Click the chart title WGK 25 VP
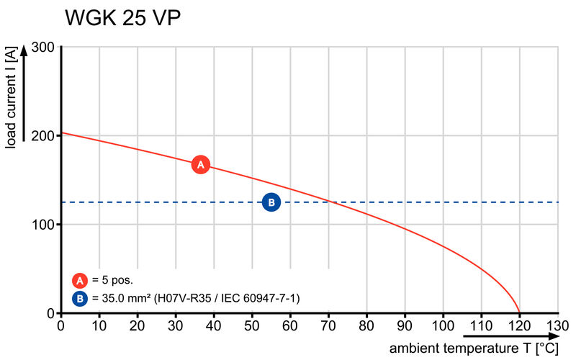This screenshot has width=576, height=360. [x=122, y=19]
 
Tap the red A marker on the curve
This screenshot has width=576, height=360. [x=201, y=165]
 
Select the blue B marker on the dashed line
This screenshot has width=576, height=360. [x=271, y=202]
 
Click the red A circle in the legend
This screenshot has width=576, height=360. [x=79, y=280]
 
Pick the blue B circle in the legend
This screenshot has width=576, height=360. [x=79, y=297]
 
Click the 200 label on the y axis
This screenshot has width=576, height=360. [x=42, y=136]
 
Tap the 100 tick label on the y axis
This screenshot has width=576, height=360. [x=42, y=225]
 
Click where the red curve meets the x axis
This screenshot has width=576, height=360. [x=520, y=312]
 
